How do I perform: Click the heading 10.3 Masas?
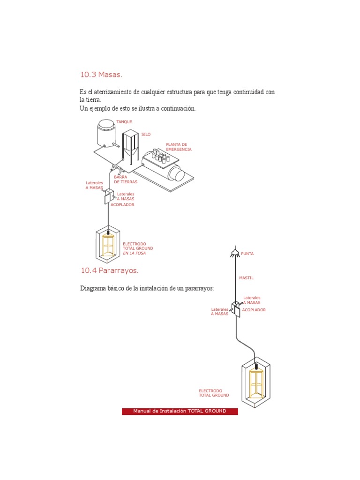click(x=101, y=75)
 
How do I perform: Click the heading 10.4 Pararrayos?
click(x=110, y=270)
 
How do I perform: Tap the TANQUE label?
click(x=124, y=122)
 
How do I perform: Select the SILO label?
click(x=146, y=135)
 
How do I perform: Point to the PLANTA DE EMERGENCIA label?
click(x=179, y=147)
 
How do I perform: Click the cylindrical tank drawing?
click(x=106, y=134)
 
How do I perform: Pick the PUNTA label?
click(x=247, y=254)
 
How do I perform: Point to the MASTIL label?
click(x=246, y=278)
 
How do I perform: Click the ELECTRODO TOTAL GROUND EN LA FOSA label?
click(x=138, y=248)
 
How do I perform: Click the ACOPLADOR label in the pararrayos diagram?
click(x=254, y=310)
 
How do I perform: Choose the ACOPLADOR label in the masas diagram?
click(x=122, y=205)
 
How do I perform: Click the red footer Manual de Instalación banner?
click(x=180, y=411)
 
